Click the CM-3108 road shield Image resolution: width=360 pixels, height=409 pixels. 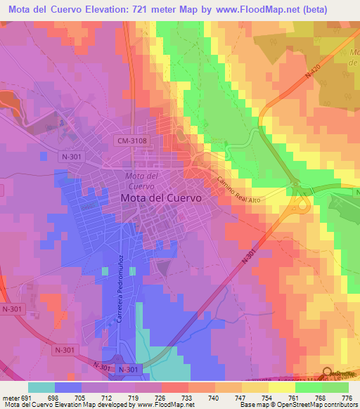click(131, 141)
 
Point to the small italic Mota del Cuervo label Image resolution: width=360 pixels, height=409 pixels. click(139, 181)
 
